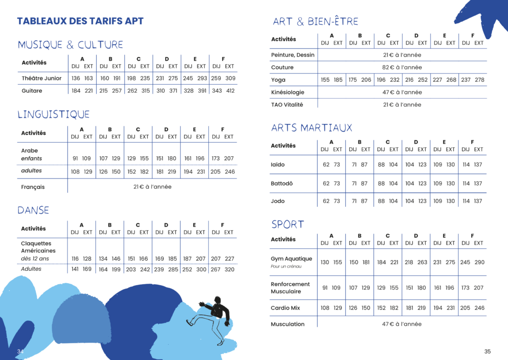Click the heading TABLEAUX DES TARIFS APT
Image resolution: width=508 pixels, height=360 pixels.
pyautogui.click(x=80, y=21)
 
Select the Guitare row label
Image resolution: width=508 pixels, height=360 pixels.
pyautogui.click(x=32, y=91)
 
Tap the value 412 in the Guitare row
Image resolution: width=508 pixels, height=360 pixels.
pyautogui.click(x=230, y=91)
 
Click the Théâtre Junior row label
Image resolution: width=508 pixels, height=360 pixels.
pyautogui.click(x=42, y=78)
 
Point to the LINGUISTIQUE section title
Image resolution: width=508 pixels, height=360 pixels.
pyautogui.click(x=54, y=115)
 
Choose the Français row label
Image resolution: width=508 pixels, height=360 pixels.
pyautogui.click(x=33, y=187)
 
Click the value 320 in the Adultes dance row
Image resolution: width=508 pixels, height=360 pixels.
pyautogui.click(x=229, y=270)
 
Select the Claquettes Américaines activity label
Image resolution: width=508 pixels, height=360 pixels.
pyautogui.click(x=38, y=247)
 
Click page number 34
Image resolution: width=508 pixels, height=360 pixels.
pyautogui.click(x=20, y=351)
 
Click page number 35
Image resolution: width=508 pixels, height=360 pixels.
pyautogui.click(x=487, y=351)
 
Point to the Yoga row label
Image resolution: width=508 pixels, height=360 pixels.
pyautogui.click(x=278, y=80)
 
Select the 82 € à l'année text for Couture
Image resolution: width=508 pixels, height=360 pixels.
pyautogui.click(x=402, y=67)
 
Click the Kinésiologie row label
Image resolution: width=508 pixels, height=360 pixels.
pyautogui.click(x=288, y=92)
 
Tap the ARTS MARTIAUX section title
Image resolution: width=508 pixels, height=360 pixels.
pyautogui.click(x=312, y=128)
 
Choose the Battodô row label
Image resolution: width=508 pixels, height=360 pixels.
pyautogui.click(x=282, y=183)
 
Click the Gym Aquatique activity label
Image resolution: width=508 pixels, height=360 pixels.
pyautogui.click(x=292, y=259)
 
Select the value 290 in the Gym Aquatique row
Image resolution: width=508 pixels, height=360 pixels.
pyautogui.click(x=479, y=262)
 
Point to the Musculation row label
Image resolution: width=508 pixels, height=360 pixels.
pyautogui.click(x=288, y=324)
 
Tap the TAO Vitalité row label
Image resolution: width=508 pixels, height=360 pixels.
pyautogui.click(x=287, y=105)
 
